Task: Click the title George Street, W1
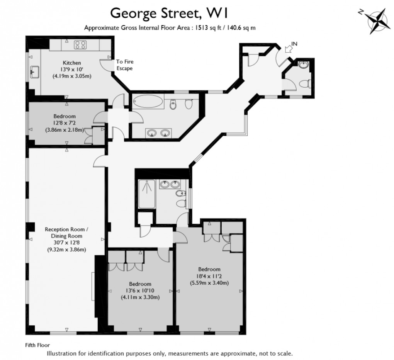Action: (x=169, y=13)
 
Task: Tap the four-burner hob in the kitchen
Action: (x=80, y=44)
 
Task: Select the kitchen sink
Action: (x=34, y=71)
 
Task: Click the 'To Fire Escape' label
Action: (x=125, y=65)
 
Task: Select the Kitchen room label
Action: (x=72, y=63)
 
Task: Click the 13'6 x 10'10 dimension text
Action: (x=140, y=290)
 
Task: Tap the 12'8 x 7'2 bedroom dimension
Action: (x=64, y=123)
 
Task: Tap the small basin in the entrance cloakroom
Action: (x=304, y=65)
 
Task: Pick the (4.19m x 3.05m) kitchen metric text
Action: (x=72, y=76)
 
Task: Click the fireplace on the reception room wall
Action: (x=93, y=285)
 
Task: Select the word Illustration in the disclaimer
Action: (x=60, y=353)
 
